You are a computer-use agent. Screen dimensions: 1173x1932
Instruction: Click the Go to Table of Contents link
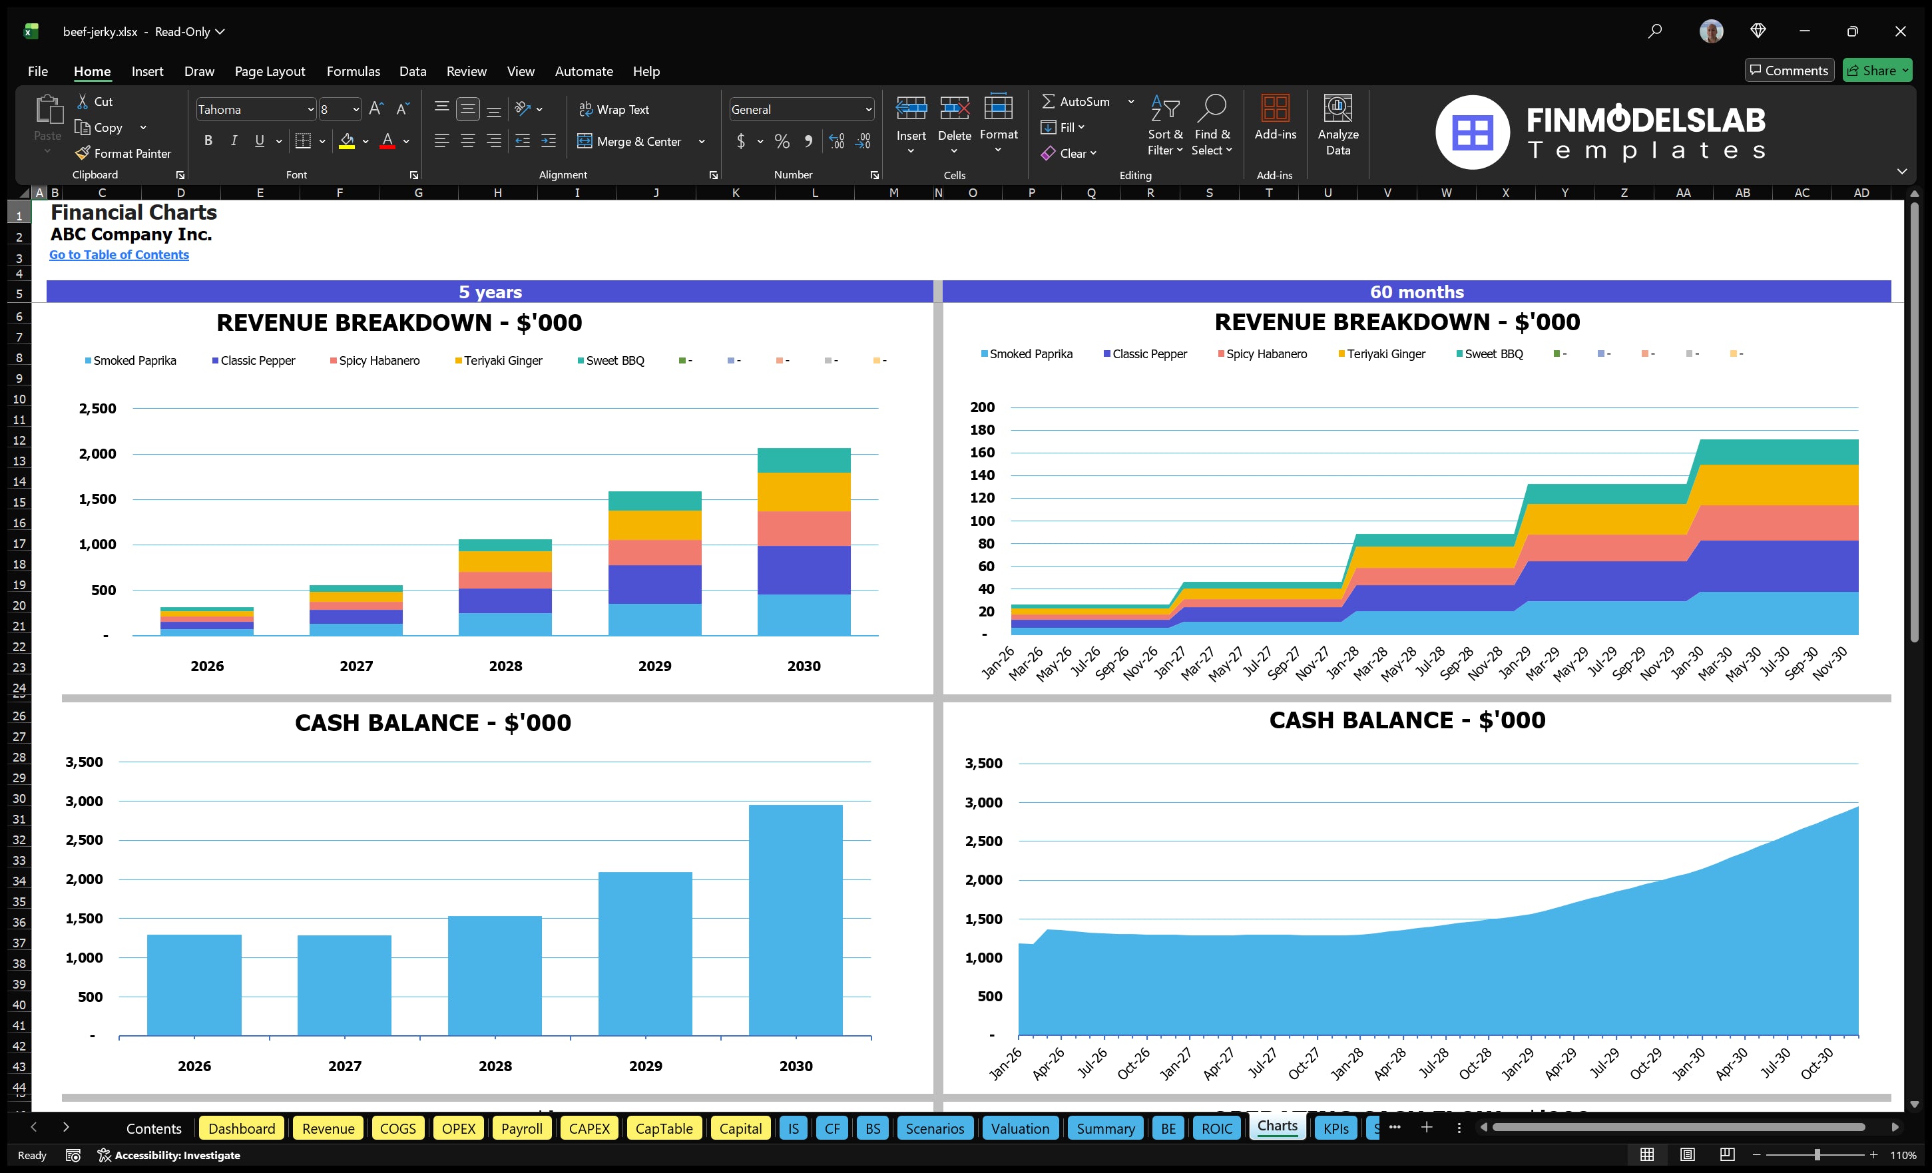[x=119, y=255]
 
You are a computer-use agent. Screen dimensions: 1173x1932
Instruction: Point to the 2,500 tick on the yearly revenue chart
[x=97, y=409]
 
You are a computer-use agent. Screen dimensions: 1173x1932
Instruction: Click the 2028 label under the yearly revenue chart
[x=505, y=666]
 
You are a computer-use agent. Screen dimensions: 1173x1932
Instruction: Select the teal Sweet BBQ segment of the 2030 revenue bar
[x=804, y=460]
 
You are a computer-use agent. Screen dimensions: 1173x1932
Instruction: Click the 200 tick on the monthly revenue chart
[x=982, y=407]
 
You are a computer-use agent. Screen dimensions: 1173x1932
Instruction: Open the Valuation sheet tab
[x=1019, y=1128]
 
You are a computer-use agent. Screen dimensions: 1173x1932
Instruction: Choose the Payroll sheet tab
[x=521, y=1128]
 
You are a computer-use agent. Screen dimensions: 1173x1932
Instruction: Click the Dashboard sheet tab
[x=242, y=1128]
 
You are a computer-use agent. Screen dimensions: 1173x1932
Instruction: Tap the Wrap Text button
[x=614, y=110]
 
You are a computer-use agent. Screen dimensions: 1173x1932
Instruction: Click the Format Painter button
[x=123, y=154]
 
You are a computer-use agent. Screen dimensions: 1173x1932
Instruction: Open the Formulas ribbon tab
[x=353, y=71]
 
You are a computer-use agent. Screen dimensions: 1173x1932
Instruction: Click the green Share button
[x=1876, y=71]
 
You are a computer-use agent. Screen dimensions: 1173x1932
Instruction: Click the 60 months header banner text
[x=1416, y=292]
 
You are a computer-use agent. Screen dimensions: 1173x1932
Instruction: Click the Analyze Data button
[x=1337, y=125]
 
